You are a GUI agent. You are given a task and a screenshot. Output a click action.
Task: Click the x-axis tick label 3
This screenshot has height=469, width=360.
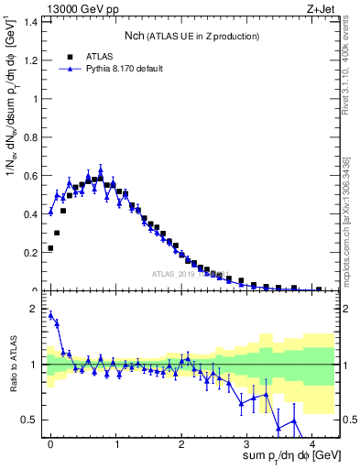click(x=246, y=442)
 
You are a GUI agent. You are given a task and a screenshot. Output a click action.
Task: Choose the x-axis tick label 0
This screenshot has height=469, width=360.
click(x=50, y=442)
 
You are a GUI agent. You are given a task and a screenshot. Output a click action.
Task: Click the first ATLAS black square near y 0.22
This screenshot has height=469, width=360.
click(x=50, y=248)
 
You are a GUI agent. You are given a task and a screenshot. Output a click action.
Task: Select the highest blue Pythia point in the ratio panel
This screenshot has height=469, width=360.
click(x=50, y=315)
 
